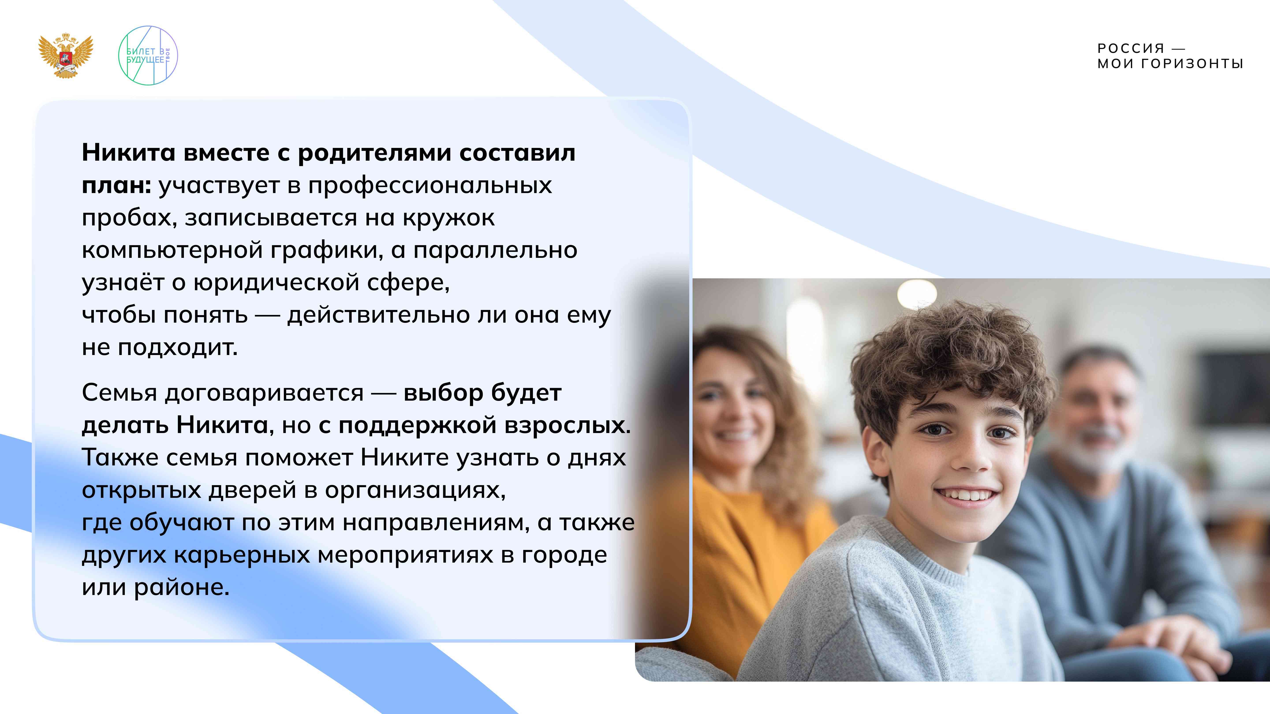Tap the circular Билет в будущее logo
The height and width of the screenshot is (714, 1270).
pos(148,55)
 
